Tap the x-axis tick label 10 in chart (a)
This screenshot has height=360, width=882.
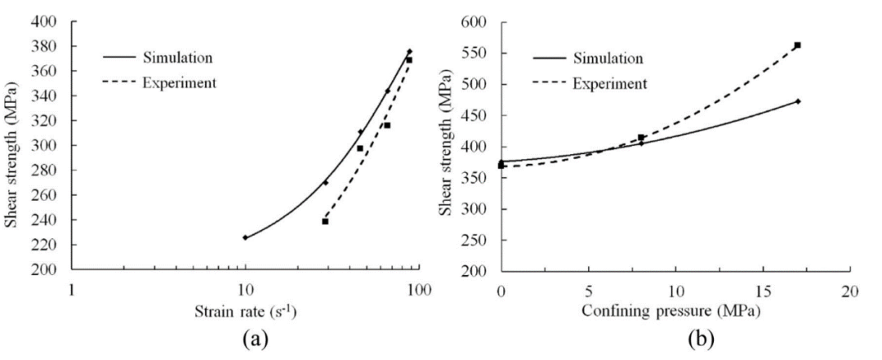(244, 287)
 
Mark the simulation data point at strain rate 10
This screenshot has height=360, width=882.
(245, 238)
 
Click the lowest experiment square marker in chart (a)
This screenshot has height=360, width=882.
(325, 221)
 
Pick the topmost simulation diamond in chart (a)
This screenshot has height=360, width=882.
(410, 51)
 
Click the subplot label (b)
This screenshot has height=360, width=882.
(675, 337)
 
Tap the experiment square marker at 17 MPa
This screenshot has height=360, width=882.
(797, 45)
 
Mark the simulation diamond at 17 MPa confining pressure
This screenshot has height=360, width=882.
(798, 101)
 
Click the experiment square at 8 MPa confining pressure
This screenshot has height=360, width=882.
(641, 138)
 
